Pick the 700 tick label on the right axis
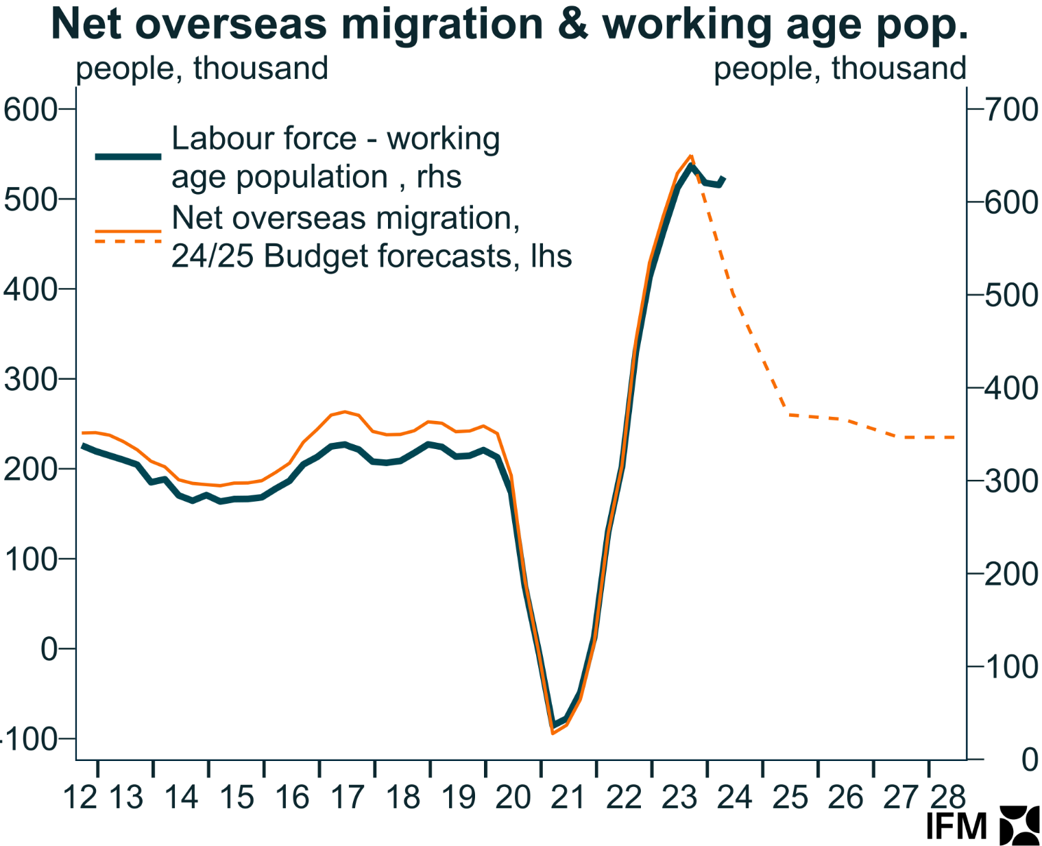1012,110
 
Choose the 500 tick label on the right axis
1012,296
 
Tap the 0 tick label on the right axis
1029,760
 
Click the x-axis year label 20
513,797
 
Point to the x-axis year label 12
80,797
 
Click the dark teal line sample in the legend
128,157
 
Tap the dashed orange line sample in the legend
128,241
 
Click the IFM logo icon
1019,825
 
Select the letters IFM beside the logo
956,826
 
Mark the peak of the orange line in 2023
691,156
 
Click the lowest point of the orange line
553,733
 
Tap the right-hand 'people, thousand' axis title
840,69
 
